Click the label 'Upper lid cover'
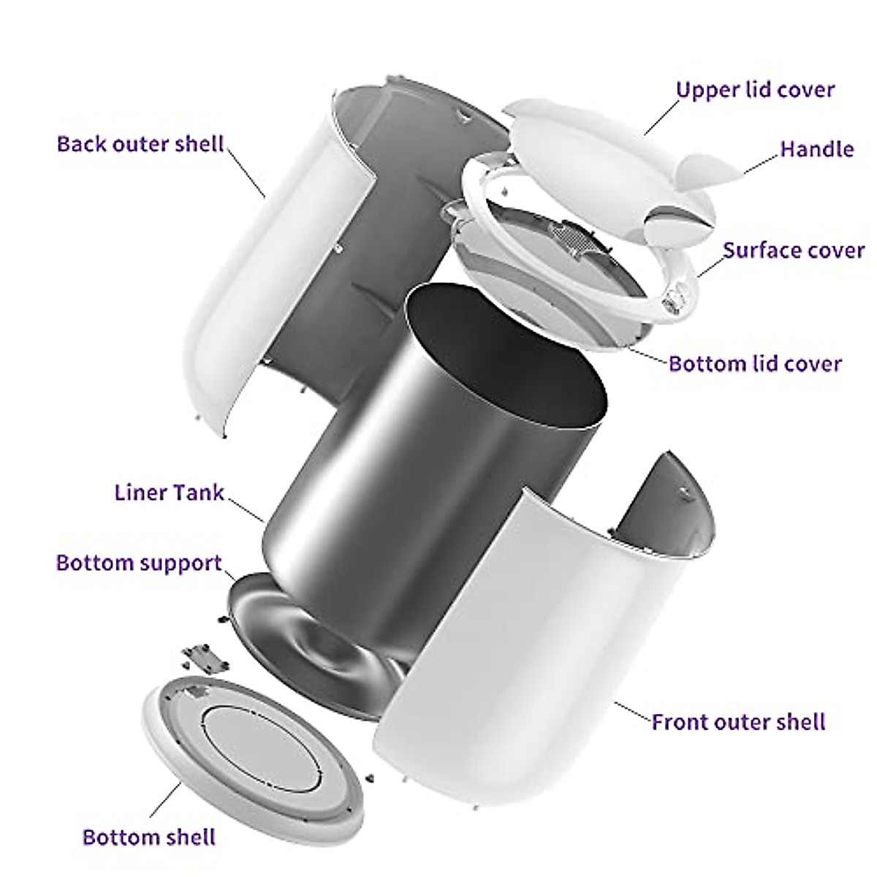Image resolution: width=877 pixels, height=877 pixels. pos(756,90)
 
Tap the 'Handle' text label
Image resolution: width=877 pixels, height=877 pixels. pos(817,149)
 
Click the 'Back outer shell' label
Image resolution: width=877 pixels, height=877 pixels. pos(140,144)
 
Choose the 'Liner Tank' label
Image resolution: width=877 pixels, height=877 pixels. pos(170,493)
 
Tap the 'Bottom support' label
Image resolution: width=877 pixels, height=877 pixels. pos(140,563)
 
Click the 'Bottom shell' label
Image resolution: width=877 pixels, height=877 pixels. pos(149,838)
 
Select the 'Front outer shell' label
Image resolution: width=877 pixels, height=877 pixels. pos(739,722)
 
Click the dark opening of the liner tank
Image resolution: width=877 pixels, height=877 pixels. pos(506,356)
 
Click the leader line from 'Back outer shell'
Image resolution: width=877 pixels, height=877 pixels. pos(246,171)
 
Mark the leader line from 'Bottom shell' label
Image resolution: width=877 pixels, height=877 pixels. pos(165,801)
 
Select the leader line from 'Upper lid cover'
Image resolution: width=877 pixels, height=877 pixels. pos(661,117)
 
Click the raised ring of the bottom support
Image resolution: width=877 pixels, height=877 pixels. pos(319,645)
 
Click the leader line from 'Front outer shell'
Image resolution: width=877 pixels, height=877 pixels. pos(632,711)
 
